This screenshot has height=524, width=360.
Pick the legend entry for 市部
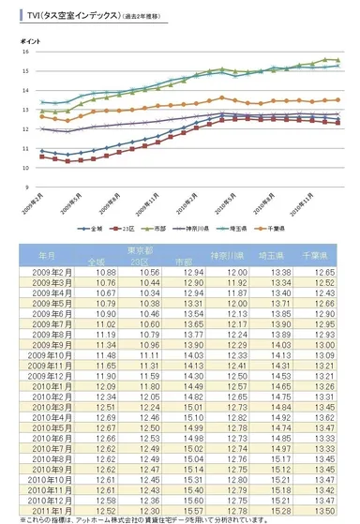pyautogui.click(x=163, y=228)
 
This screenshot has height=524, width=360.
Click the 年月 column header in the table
pyautogui.click(x=46, y=254)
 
